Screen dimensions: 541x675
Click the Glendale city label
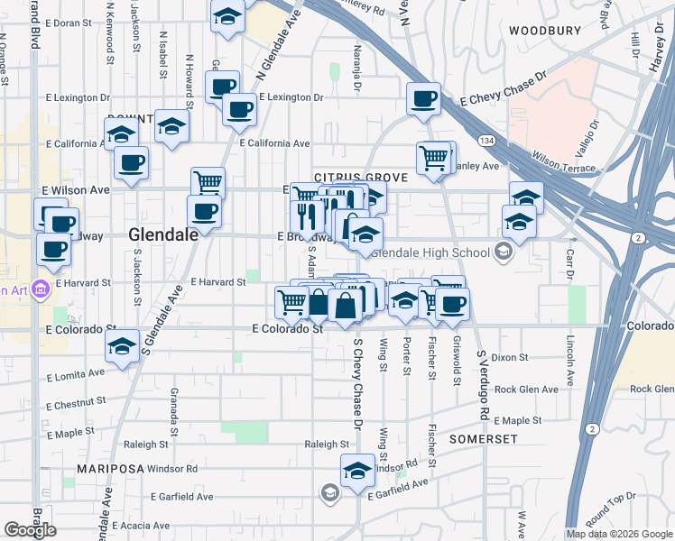point(163,234)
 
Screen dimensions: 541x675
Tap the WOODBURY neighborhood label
point(544,31)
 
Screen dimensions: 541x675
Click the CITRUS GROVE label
point(360,179)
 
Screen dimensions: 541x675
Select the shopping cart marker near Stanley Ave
point(434,158)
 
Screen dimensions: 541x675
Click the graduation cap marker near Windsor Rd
point(357,470)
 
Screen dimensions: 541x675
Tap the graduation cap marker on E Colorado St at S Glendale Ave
point(122,346)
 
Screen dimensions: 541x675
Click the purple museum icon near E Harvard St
point(40,289)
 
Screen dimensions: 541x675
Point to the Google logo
point(30,530)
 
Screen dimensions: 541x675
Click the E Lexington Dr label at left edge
point(76,97)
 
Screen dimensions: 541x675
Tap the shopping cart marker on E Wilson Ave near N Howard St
point(208,182)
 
